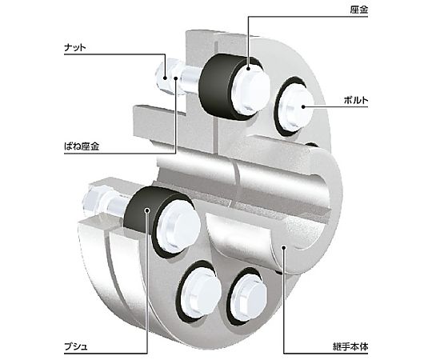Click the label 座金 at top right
358,10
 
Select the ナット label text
75,48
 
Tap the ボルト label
356,100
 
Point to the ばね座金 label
82,146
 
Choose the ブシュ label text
76,346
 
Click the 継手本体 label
350,346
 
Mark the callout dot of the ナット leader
166,78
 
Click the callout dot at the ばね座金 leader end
176,78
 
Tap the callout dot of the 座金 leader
248,69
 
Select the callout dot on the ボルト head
302,106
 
